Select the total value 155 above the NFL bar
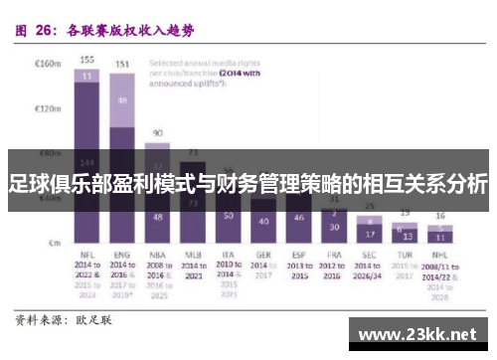pos(87,59)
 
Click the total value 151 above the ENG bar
pos(122,64)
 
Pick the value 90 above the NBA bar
pos(157,132)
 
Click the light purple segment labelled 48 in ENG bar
pos(122,100)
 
